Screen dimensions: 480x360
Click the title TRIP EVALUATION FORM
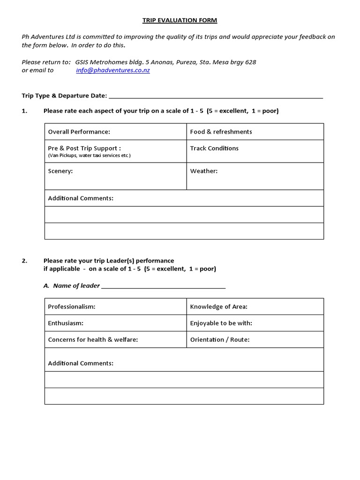click(x=180, y=20)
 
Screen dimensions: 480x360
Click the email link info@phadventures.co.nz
click(x=113, y=70)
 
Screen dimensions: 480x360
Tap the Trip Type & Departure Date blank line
click(x=216, y=97)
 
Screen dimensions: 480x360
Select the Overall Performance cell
click(x=115, y=132)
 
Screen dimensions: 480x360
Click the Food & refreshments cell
click(x=255, y=132)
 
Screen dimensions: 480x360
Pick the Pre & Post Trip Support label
click(x=84, y=148)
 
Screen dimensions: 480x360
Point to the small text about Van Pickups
click(x=89, y=155)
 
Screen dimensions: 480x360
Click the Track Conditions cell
click(x=255, y=151)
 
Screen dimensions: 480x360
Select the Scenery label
click(x=60, y=171)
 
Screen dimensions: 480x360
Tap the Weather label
click(x=204, y=171)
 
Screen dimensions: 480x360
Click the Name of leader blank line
click(x=163, y=286)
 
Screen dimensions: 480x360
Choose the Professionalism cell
click(x=115, y=307)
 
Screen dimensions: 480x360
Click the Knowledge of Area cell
click(x=255, y=307)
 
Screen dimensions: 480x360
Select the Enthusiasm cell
click(x=115, y=323)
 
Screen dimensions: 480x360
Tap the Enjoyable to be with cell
click(x=255, y=323)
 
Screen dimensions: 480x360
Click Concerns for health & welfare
click(x=93, y=339)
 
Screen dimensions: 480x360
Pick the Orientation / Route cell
click(x=255, y=339)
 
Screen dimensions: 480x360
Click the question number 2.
click(x=24, y=261)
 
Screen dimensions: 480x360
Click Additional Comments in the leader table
click(x=81, y=363)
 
